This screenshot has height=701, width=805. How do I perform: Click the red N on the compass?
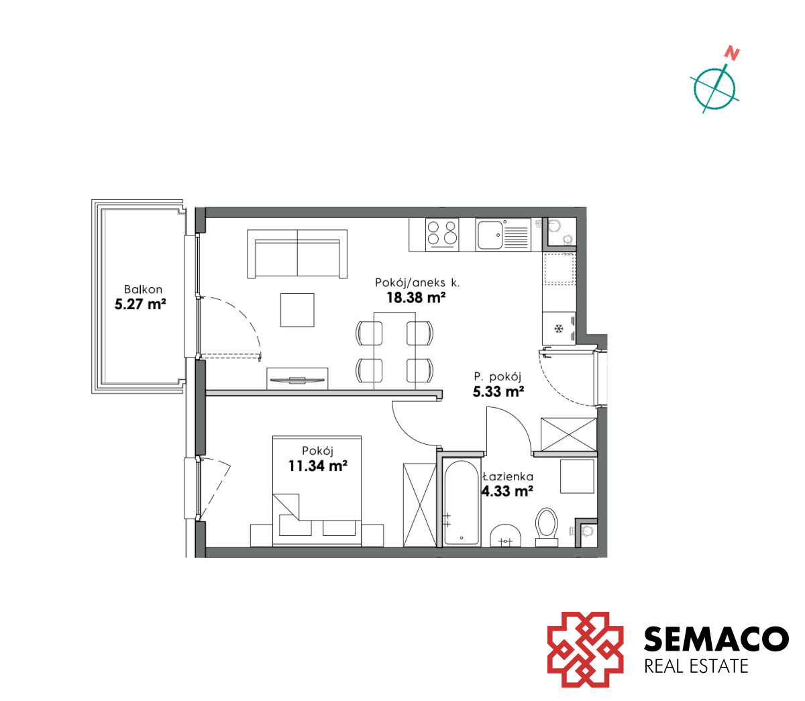[732, 54]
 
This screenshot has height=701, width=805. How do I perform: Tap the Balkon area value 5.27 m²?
[140, 304]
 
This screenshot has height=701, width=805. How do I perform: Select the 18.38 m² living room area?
[416, 297]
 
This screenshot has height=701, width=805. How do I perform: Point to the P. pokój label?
[497, 376]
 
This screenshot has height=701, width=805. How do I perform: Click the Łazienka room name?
[508, 476]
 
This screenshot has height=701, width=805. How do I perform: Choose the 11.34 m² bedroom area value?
[318, 466]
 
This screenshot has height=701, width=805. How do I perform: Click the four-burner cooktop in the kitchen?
[442, 235]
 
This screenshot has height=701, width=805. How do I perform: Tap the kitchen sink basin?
[490, 235]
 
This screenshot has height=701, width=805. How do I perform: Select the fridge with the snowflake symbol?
[559, 329]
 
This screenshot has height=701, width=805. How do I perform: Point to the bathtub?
[462, 503]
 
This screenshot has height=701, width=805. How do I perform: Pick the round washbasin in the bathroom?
[506, 536]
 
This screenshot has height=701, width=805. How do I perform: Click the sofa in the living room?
[297, 254]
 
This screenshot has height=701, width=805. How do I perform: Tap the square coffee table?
[297, 310]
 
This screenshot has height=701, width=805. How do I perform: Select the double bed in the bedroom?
[317, 491]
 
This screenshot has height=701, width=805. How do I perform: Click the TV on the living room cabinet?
[297, 380]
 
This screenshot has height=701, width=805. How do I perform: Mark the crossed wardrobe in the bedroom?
[419, 505]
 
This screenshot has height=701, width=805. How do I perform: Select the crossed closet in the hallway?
[569, 434]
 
